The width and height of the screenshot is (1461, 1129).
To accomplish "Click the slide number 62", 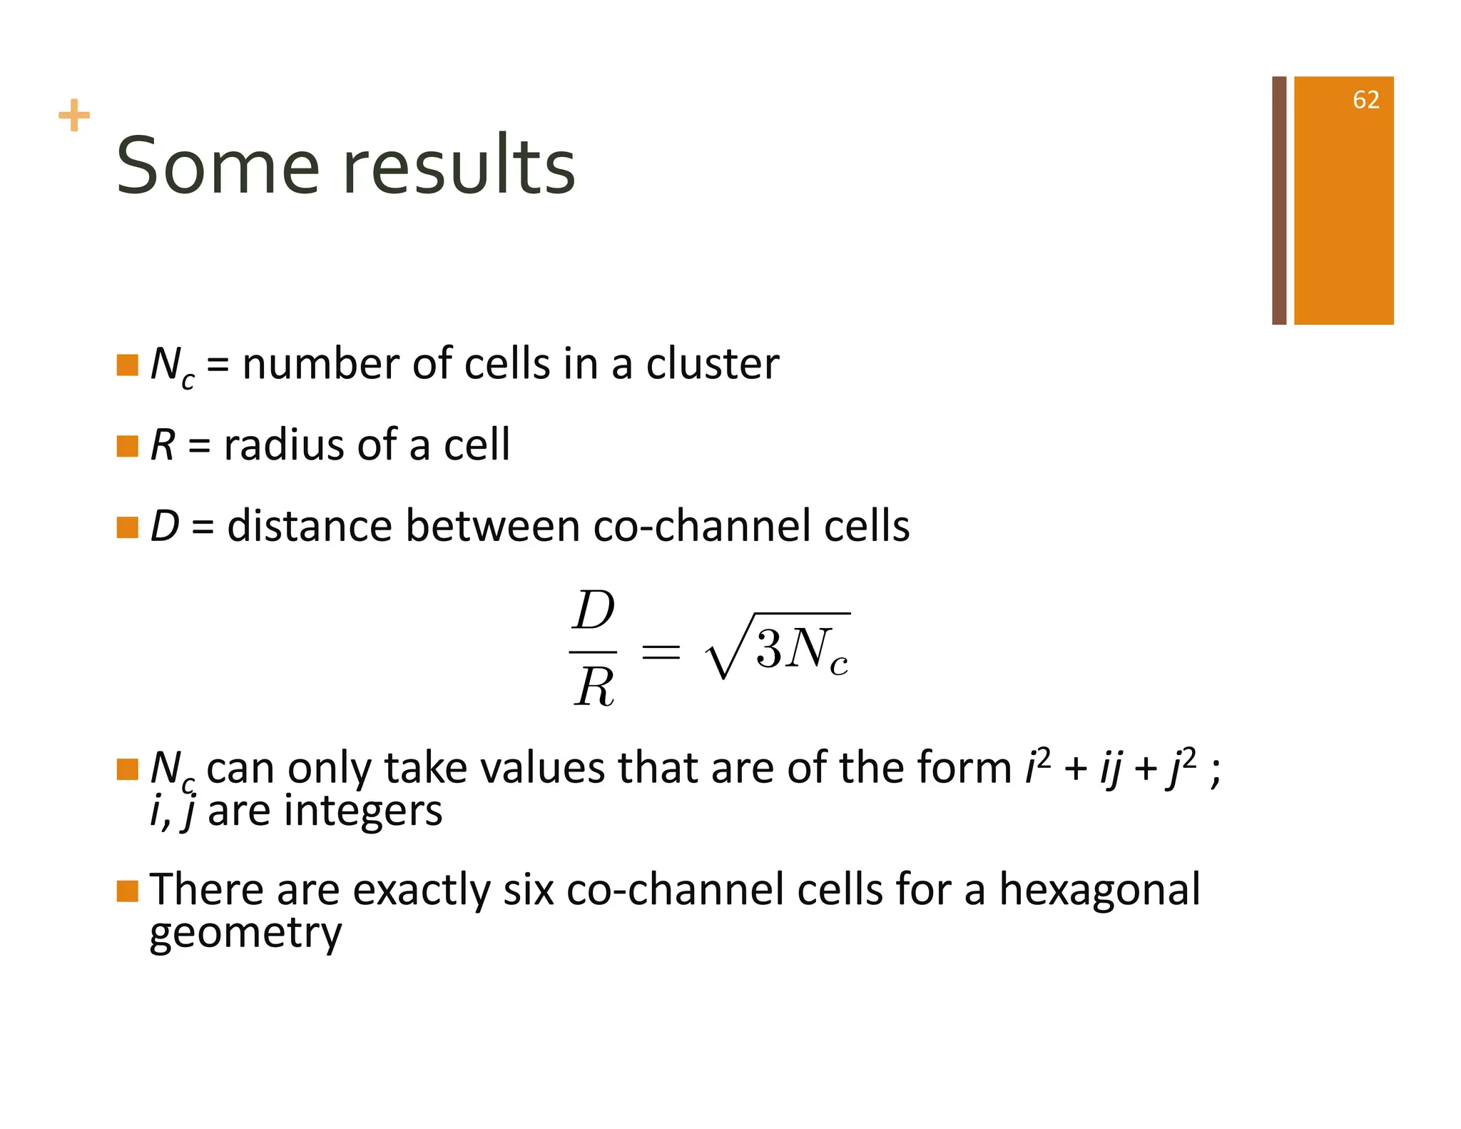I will point(1365,100).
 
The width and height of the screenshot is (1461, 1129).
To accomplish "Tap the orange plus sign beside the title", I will point(74,116).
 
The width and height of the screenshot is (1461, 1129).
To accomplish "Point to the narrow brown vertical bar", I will point(1279,201).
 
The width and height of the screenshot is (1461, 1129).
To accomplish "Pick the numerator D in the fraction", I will point(594,612).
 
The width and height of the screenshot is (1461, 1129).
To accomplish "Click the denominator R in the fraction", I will point(594,688).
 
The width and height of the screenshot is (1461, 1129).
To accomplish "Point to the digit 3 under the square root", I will point(769,649).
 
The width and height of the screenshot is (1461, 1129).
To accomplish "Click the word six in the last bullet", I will point(528,890).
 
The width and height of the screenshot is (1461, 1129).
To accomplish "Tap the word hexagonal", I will point(1099,890).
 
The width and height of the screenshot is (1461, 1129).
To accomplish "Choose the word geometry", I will point(245,933).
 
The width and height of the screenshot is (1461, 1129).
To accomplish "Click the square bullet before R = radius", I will point(127,446).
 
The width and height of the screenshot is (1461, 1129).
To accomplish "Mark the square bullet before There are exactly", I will point(127,891).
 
